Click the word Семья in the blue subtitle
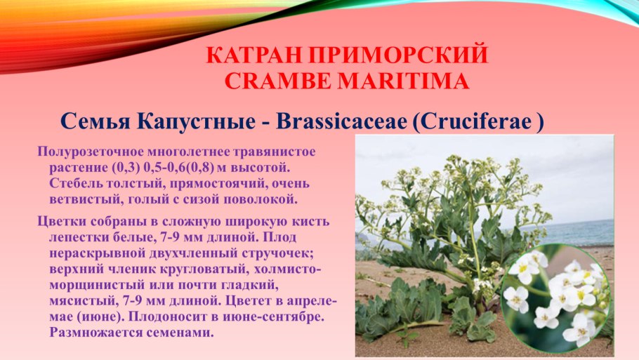pyautogui.click(x=95, y=121)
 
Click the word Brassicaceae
pyautogui.click(x=341, y=121)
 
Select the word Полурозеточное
pyautogui.click(x=90, y=152)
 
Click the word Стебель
pyautogui.click(x=76, y=183)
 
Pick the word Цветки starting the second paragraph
pyautogui.click(x=61, y=222)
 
